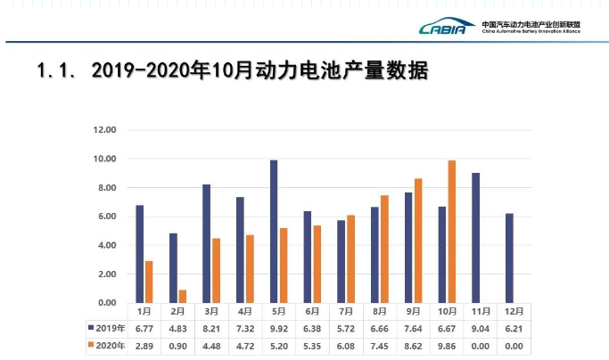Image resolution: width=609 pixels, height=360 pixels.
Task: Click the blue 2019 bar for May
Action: click(x=274, y=232)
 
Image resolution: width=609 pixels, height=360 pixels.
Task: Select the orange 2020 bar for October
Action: click(x=452, y=232)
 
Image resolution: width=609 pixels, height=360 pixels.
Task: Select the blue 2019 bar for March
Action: click(x=206, y=244)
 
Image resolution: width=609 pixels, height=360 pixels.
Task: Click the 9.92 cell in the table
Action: click(x=278, y=328)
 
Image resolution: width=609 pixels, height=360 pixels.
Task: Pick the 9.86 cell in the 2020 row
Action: click(x=448, y=345)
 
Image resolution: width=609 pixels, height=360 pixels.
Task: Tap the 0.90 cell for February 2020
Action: click(x=177, y=345)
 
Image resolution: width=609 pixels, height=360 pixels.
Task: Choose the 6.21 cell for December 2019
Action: click(x=514, y=328)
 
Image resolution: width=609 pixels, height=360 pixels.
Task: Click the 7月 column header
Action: click(x=346, y=312)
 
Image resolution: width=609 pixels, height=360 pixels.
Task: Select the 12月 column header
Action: click(x=514, y=312)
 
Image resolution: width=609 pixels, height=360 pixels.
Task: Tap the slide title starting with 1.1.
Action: click(x=232, y=70)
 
